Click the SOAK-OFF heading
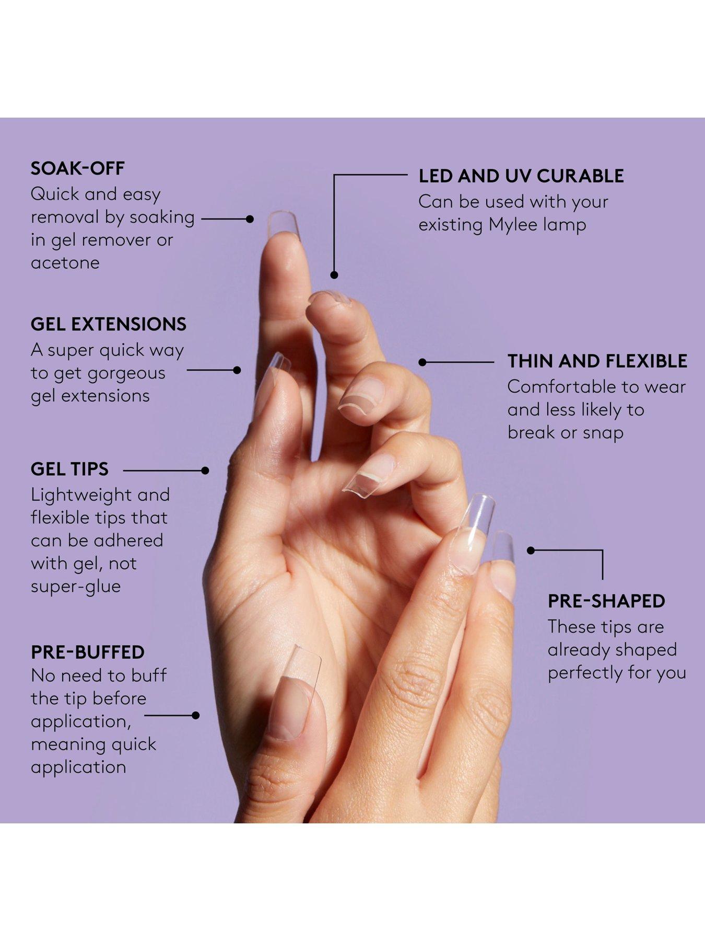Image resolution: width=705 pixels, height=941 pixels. (x=78, y=168)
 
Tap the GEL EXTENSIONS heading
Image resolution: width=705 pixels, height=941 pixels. (x=109, y=324)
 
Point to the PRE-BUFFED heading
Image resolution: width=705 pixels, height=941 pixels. (x=88, y=652)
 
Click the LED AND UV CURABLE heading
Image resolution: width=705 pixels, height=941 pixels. (x=521, y=176)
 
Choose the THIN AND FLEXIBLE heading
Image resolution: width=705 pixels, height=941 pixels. (x=597, y=361)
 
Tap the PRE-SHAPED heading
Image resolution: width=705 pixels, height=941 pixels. (x=606, y=601)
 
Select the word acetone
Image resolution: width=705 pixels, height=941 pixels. (x=65, y=262)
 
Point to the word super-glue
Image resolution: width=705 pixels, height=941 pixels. (x=76, y=587)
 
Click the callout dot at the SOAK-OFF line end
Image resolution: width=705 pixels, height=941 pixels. (x=250, y=219)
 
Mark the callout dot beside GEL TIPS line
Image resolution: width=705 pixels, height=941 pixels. (x=205, y=470)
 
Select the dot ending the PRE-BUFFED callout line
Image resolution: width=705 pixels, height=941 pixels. (x=196, y=715)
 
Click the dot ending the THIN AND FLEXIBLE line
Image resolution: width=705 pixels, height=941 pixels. (x=422, y=362)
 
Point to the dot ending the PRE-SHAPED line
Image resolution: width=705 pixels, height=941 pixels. (x=531, y=550)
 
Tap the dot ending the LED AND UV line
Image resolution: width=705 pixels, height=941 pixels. (x=334, y=274)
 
